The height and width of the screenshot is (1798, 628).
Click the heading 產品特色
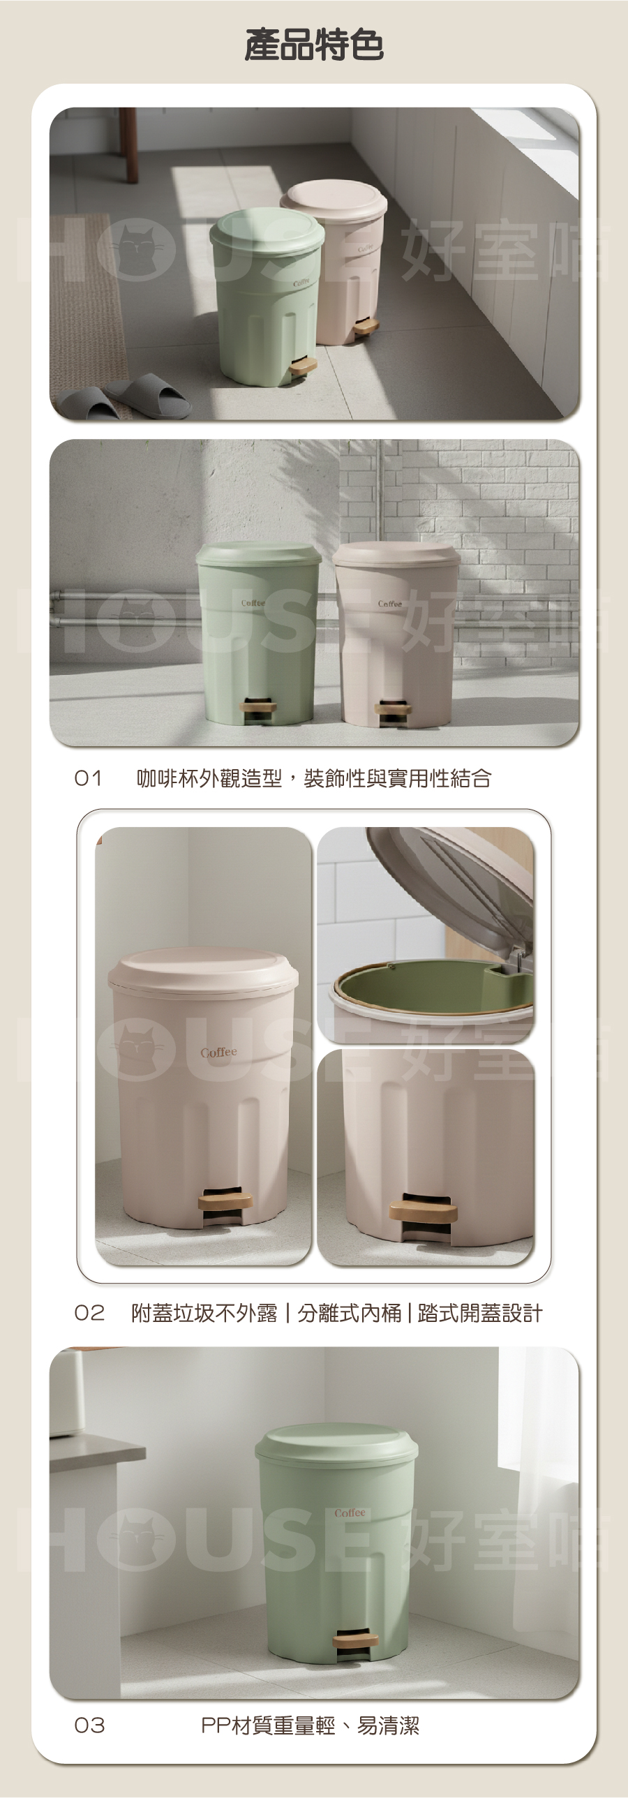pos(314,45)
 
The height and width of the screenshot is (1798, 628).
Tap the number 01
pos(89,778)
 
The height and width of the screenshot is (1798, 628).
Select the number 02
pos(89,1313)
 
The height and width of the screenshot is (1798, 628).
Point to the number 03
pos(89,1725)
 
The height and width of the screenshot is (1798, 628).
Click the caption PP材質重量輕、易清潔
pos(311,1725)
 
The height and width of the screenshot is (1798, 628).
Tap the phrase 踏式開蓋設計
pos(480,1313)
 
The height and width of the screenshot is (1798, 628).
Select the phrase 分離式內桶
pos(350,1313)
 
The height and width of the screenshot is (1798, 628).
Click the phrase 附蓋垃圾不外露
pos(204,1313)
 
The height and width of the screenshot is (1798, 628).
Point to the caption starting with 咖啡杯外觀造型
pos(314,778)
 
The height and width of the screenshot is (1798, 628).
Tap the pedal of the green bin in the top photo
pos(303,364)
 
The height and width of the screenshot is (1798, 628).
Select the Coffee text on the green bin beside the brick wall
pos(253,602)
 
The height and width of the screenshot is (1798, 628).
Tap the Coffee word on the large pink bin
pos(218,1052)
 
